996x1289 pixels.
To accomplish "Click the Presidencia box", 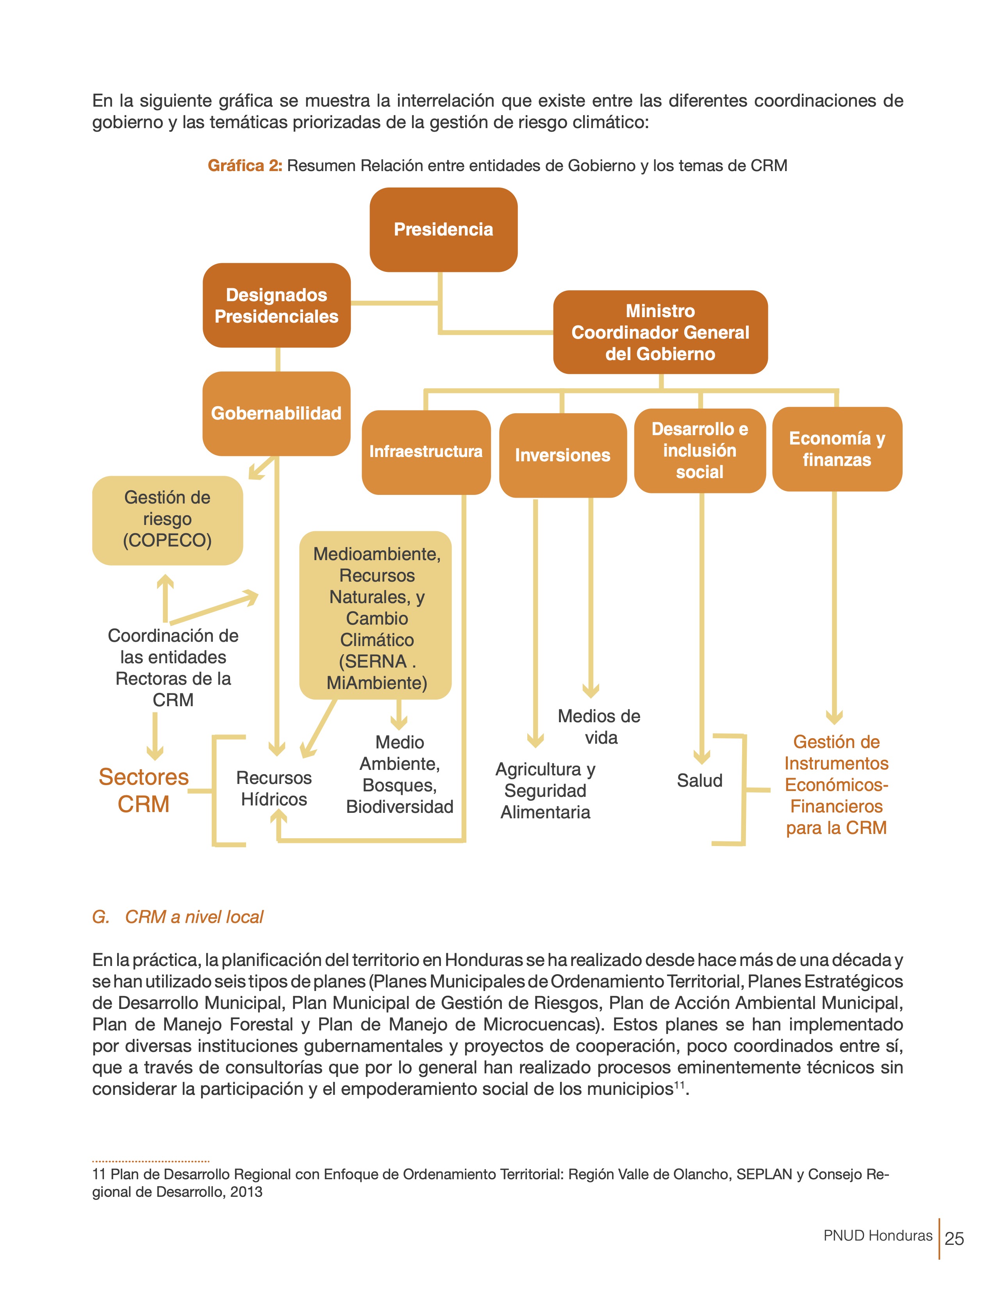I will click(443, 230).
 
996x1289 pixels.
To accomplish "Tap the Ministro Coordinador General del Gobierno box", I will click(660, 332).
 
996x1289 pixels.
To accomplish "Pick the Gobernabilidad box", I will click(276, 413).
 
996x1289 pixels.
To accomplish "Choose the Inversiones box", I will click(562, 455).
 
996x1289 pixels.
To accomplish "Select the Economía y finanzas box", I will click(837, 449).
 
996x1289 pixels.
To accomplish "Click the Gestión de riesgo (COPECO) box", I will click(167, 520).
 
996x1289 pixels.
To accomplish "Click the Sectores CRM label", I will click(143, 790).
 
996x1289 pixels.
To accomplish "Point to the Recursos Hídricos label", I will click(274, 789).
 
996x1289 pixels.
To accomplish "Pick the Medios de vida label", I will click(600, 727).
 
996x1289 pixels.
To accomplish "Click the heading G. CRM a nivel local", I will click(178, 917).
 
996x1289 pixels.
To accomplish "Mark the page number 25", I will click(954, 1238).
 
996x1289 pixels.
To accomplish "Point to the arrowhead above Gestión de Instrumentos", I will click(834, 716).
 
